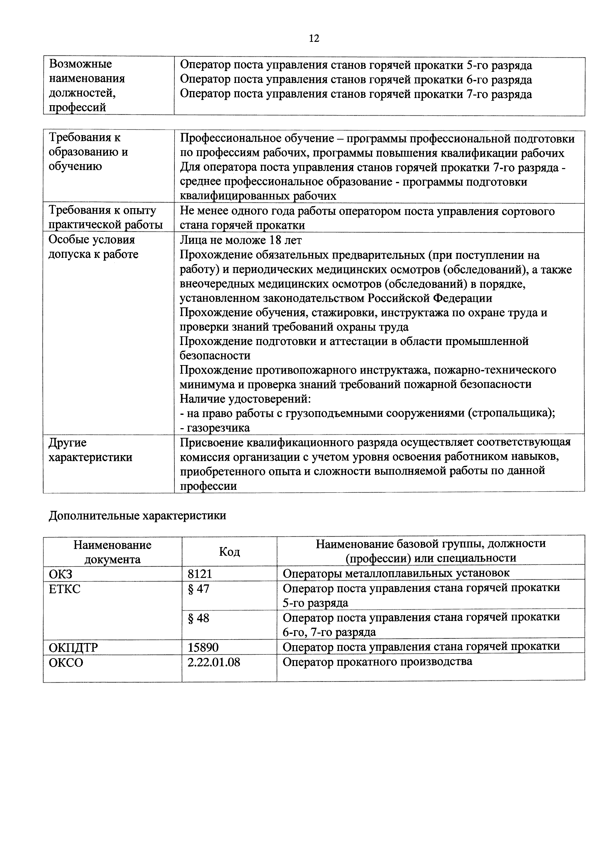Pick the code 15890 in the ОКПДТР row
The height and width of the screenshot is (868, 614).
click(x=203, y=647)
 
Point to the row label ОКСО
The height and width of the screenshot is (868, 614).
click(x=66, y=662)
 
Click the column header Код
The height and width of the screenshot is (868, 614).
click(x=229, y=552)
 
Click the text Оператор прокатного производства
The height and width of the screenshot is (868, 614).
click(x=377, y=662)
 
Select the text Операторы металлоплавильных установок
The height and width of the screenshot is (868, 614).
click(x=396, y=573)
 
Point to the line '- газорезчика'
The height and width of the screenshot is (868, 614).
click(x=214, y=428)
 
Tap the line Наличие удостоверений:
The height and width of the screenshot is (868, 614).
click(x=245, y=398)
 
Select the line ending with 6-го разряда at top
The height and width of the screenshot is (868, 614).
click(x=355, y=79)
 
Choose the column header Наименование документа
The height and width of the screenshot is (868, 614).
click(x=112, y=552)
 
